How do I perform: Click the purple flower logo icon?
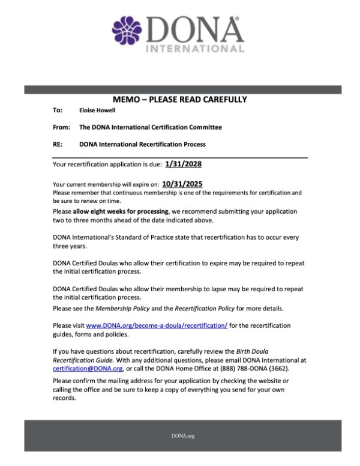point(126,31)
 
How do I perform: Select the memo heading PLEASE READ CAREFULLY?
point(179,99)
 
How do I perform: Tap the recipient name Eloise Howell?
point(98,110)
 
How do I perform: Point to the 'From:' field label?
point(62,127)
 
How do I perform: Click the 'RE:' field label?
point(59,144)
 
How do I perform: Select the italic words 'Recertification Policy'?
point(205,308)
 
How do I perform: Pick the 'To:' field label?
point(58,110)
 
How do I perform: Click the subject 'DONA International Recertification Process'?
point(142,144)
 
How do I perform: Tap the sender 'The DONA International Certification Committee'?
point(150,127)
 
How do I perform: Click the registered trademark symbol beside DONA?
point(237,19)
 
